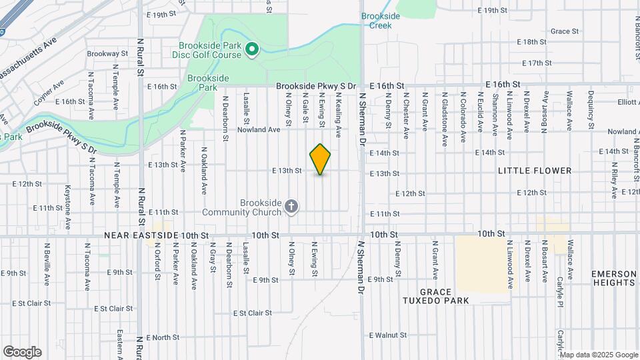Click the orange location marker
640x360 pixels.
click(320, 159)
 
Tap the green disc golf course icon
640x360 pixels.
click(252, 49)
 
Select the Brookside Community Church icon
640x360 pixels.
click(291, 207)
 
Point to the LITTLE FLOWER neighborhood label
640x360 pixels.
click(535, 171)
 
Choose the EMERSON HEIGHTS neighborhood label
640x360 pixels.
click(613, 278)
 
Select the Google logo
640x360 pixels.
click(22, 351)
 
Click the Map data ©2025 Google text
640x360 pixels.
click(597, 354)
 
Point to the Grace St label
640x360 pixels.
click(564, 31)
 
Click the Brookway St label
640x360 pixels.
click(107, 53)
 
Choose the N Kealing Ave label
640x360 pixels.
click(339, 115)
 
